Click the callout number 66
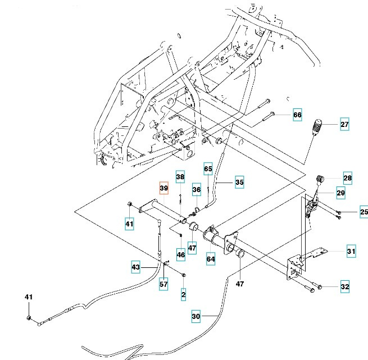coord(297,115)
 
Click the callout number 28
coord(347,179)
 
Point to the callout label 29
coord(340,193)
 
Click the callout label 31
coord(351,252)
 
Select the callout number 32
coord(344,287)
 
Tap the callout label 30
coord(196,317)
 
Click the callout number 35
coord(239,182)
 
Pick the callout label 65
coord(208,169)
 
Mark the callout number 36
coord(197,190)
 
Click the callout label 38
coord(179,177)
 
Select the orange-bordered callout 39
coord(163,188)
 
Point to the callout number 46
coord(180,254)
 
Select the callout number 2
coord(183,293)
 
